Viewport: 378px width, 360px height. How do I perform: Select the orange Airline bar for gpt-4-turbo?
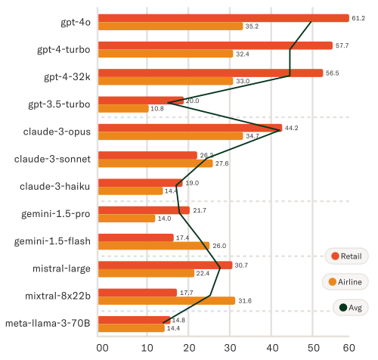click(166, 54)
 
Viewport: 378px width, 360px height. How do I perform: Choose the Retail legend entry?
click(345, 256)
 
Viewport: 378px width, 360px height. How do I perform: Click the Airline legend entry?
click(345, 282)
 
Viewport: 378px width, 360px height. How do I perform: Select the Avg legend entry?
click(349, 308)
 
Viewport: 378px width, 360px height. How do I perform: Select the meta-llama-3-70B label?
click(48, 324)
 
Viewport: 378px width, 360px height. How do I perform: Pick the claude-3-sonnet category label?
click(53, 159)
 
